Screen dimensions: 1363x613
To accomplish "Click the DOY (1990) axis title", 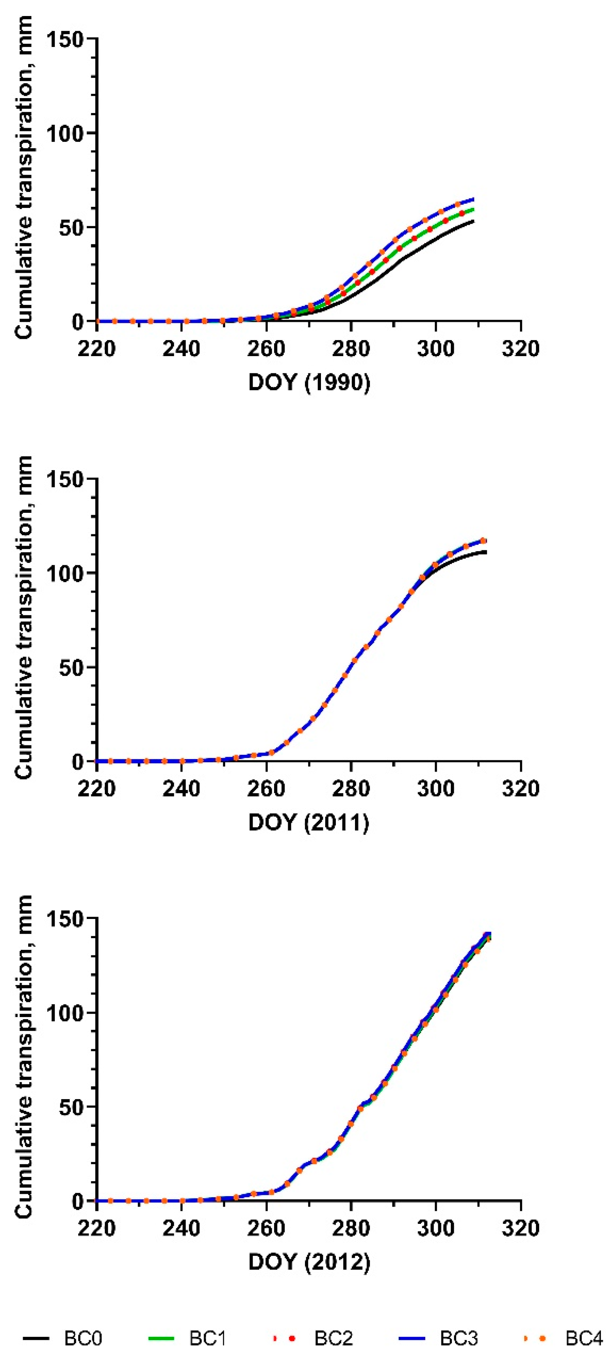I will (x=309, y=382).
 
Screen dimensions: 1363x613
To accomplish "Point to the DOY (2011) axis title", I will (x=308, y=822).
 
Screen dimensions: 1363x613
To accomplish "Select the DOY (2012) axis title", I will (x=309, y=1263).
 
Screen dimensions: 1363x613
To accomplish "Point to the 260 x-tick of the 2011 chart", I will (x=266, y=789).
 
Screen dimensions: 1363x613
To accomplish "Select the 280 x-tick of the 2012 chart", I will (x=351, y=1229).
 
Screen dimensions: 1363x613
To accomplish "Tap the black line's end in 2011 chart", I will (x=486, y=552).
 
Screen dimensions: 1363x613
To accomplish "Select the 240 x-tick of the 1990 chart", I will (x=181, y=349).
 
